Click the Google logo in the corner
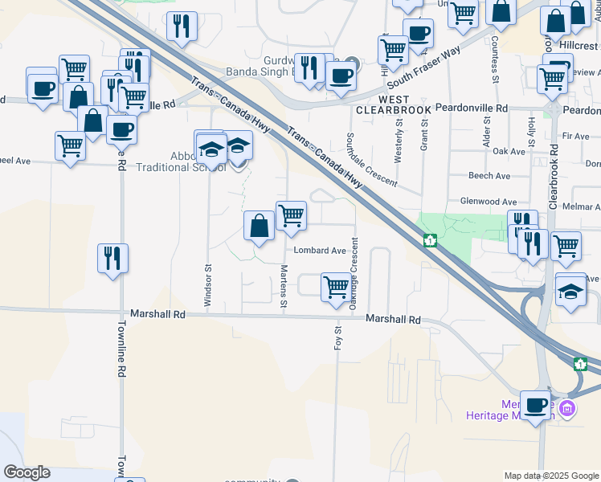pyautogui.click(x=27, y=472)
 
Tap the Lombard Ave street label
pyautogui.click(x=319, y=251)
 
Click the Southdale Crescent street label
pyautogui.click(x=371, y=160)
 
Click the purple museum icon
pyautogui.click(x=568, y=409)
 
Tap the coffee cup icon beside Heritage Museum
pyautogui.click(x=536, y=405)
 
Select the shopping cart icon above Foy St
pyautogui.click(x=335, y=286)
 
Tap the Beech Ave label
pyautogui.click(x=489, y=176)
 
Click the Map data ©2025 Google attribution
pyautogui.click(x=551, y=476)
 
